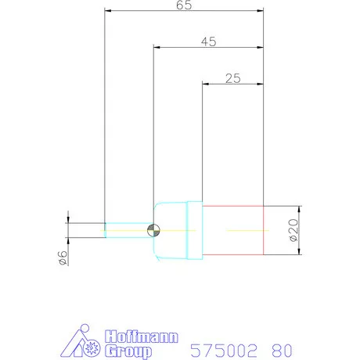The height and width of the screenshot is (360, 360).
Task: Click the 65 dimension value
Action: [x=184, y=5]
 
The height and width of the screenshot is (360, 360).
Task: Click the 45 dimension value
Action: [x=209, y=41]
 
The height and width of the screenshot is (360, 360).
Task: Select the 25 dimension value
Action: [x=233, y=78]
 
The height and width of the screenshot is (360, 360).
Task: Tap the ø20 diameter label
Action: [x=293, y=230]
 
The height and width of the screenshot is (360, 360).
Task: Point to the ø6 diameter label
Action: [x=63, y=258]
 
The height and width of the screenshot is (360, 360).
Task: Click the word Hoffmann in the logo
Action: [x=142, y=337]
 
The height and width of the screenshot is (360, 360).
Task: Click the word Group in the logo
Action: [x=128, y=351]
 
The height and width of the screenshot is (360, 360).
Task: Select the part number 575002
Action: [x=224, y=351]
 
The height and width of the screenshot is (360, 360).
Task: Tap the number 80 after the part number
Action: [x=282, y=351]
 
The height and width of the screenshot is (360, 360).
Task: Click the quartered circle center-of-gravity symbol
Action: [x=153, y=230]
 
